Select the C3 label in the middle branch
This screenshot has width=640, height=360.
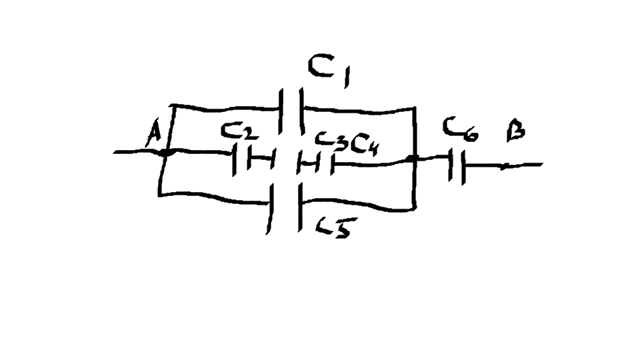pyautogui.click(x=329, y=141)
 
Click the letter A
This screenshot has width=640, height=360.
pyautogui.click(x=153, y=137)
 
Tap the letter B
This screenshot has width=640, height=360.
pyautogui.click(x=515, y=130)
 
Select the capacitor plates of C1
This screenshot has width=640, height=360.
pyautogui.click(x=291, y=110)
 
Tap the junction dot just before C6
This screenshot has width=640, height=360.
pyautogui.click(x=413, y=160)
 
